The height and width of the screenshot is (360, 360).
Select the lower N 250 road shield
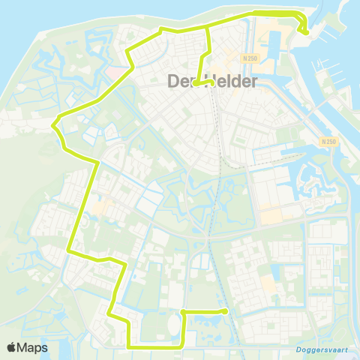[x=323, y=140]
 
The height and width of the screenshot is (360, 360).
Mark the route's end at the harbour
[x=306, y=31]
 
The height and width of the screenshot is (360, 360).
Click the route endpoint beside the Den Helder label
[x=195, y=84]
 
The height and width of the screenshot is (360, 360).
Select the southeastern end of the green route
[x=226, y=311]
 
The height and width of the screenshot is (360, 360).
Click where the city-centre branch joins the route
[x=208, y=28]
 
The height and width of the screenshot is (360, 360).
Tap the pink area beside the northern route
[x=118, y=73]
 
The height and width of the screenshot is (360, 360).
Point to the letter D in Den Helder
[x=173, y=81]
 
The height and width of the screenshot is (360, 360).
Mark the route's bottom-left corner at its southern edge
[x=130, y=346]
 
